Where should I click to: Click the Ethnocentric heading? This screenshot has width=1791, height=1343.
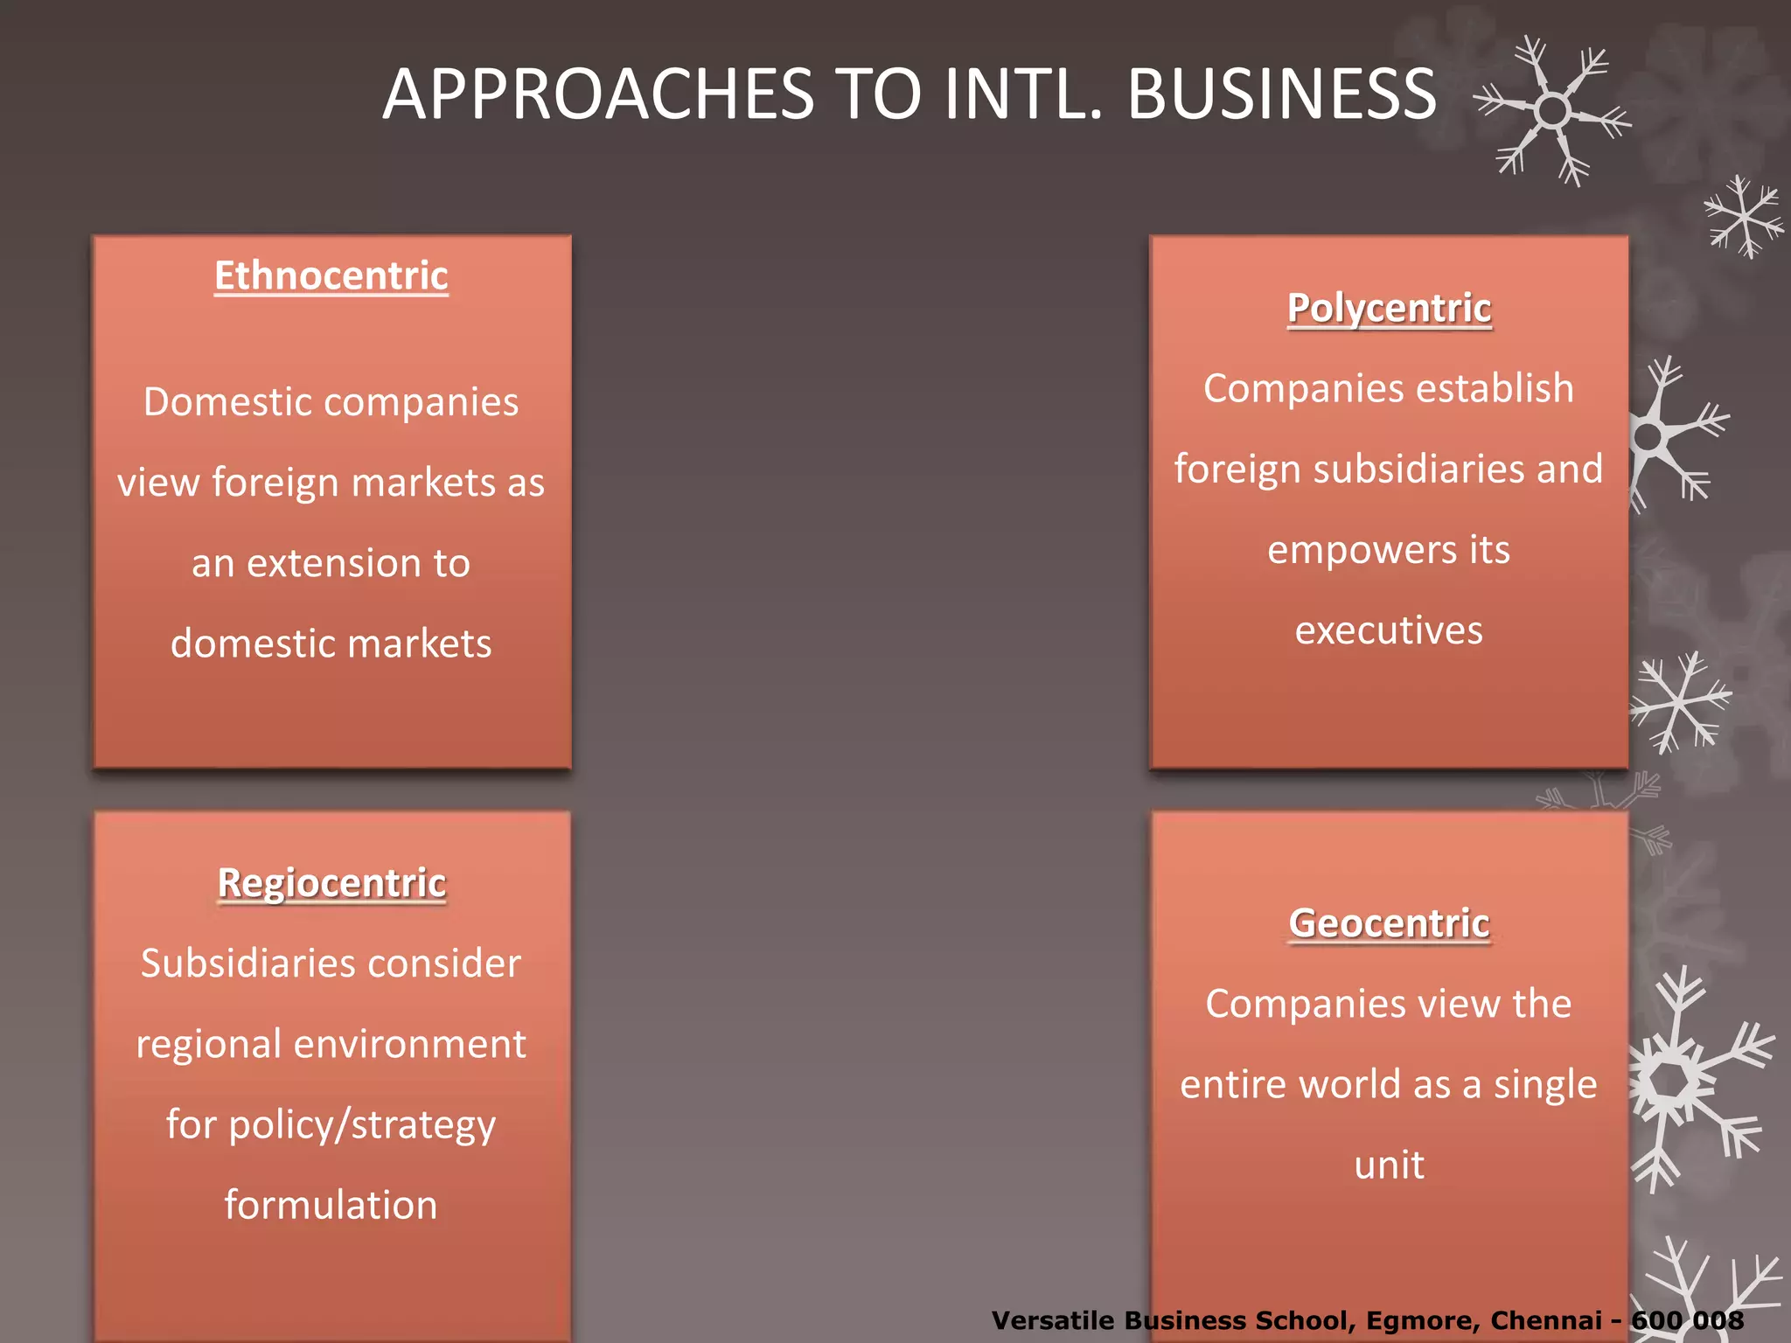coord(331,276)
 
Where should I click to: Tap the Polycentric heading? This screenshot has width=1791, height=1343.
coord(1389,309)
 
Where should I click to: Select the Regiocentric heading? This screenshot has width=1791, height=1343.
coord(331,883)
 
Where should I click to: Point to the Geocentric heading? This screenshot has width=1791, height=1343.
coord(1389,923)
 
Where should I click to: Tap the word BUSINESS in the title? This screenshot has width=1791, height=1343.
coord(1281,94)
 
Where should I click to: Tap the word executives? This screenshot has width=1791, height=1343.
coord(1389,630)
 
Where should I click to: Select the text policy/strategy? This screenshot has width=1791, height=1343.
coord(362,1125)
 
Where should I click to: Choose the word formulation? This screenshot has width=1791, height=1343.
coord(331,1205)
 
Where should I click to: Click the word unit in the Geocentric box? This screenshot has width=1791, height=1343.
coord(1389,1165)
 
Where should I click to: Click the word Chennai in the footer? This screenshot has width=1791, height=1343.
coord(1546,1320)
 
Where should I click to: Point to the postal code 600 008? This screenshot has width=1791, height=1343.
coord(1688,1320)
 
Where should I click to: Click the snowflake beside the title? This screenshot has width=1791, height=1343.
coord(1552,111)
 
